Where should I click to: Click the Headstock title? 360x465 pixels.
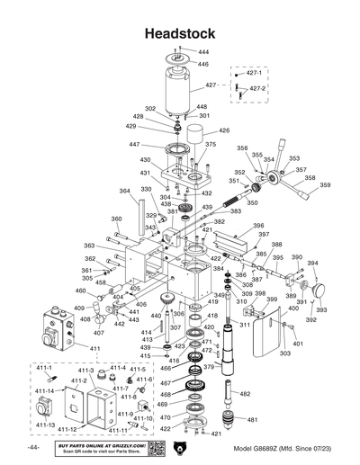pos(180,33)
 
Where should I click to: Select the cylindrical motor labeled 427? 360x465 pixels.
pos(181,90)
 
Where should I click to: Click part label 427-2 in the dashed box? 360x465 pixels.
pos(256,89)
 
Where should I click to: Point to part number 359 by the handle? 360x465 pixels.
pos(325,185)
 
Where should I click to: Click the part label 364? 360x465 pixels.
pos(124,191)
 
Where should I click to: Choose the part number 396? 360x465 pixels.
pos(258,226)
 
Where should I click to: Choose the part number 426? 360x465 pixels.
pos(224,130)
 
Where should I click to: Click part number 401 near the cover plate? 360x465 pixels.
pos(298,344)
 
